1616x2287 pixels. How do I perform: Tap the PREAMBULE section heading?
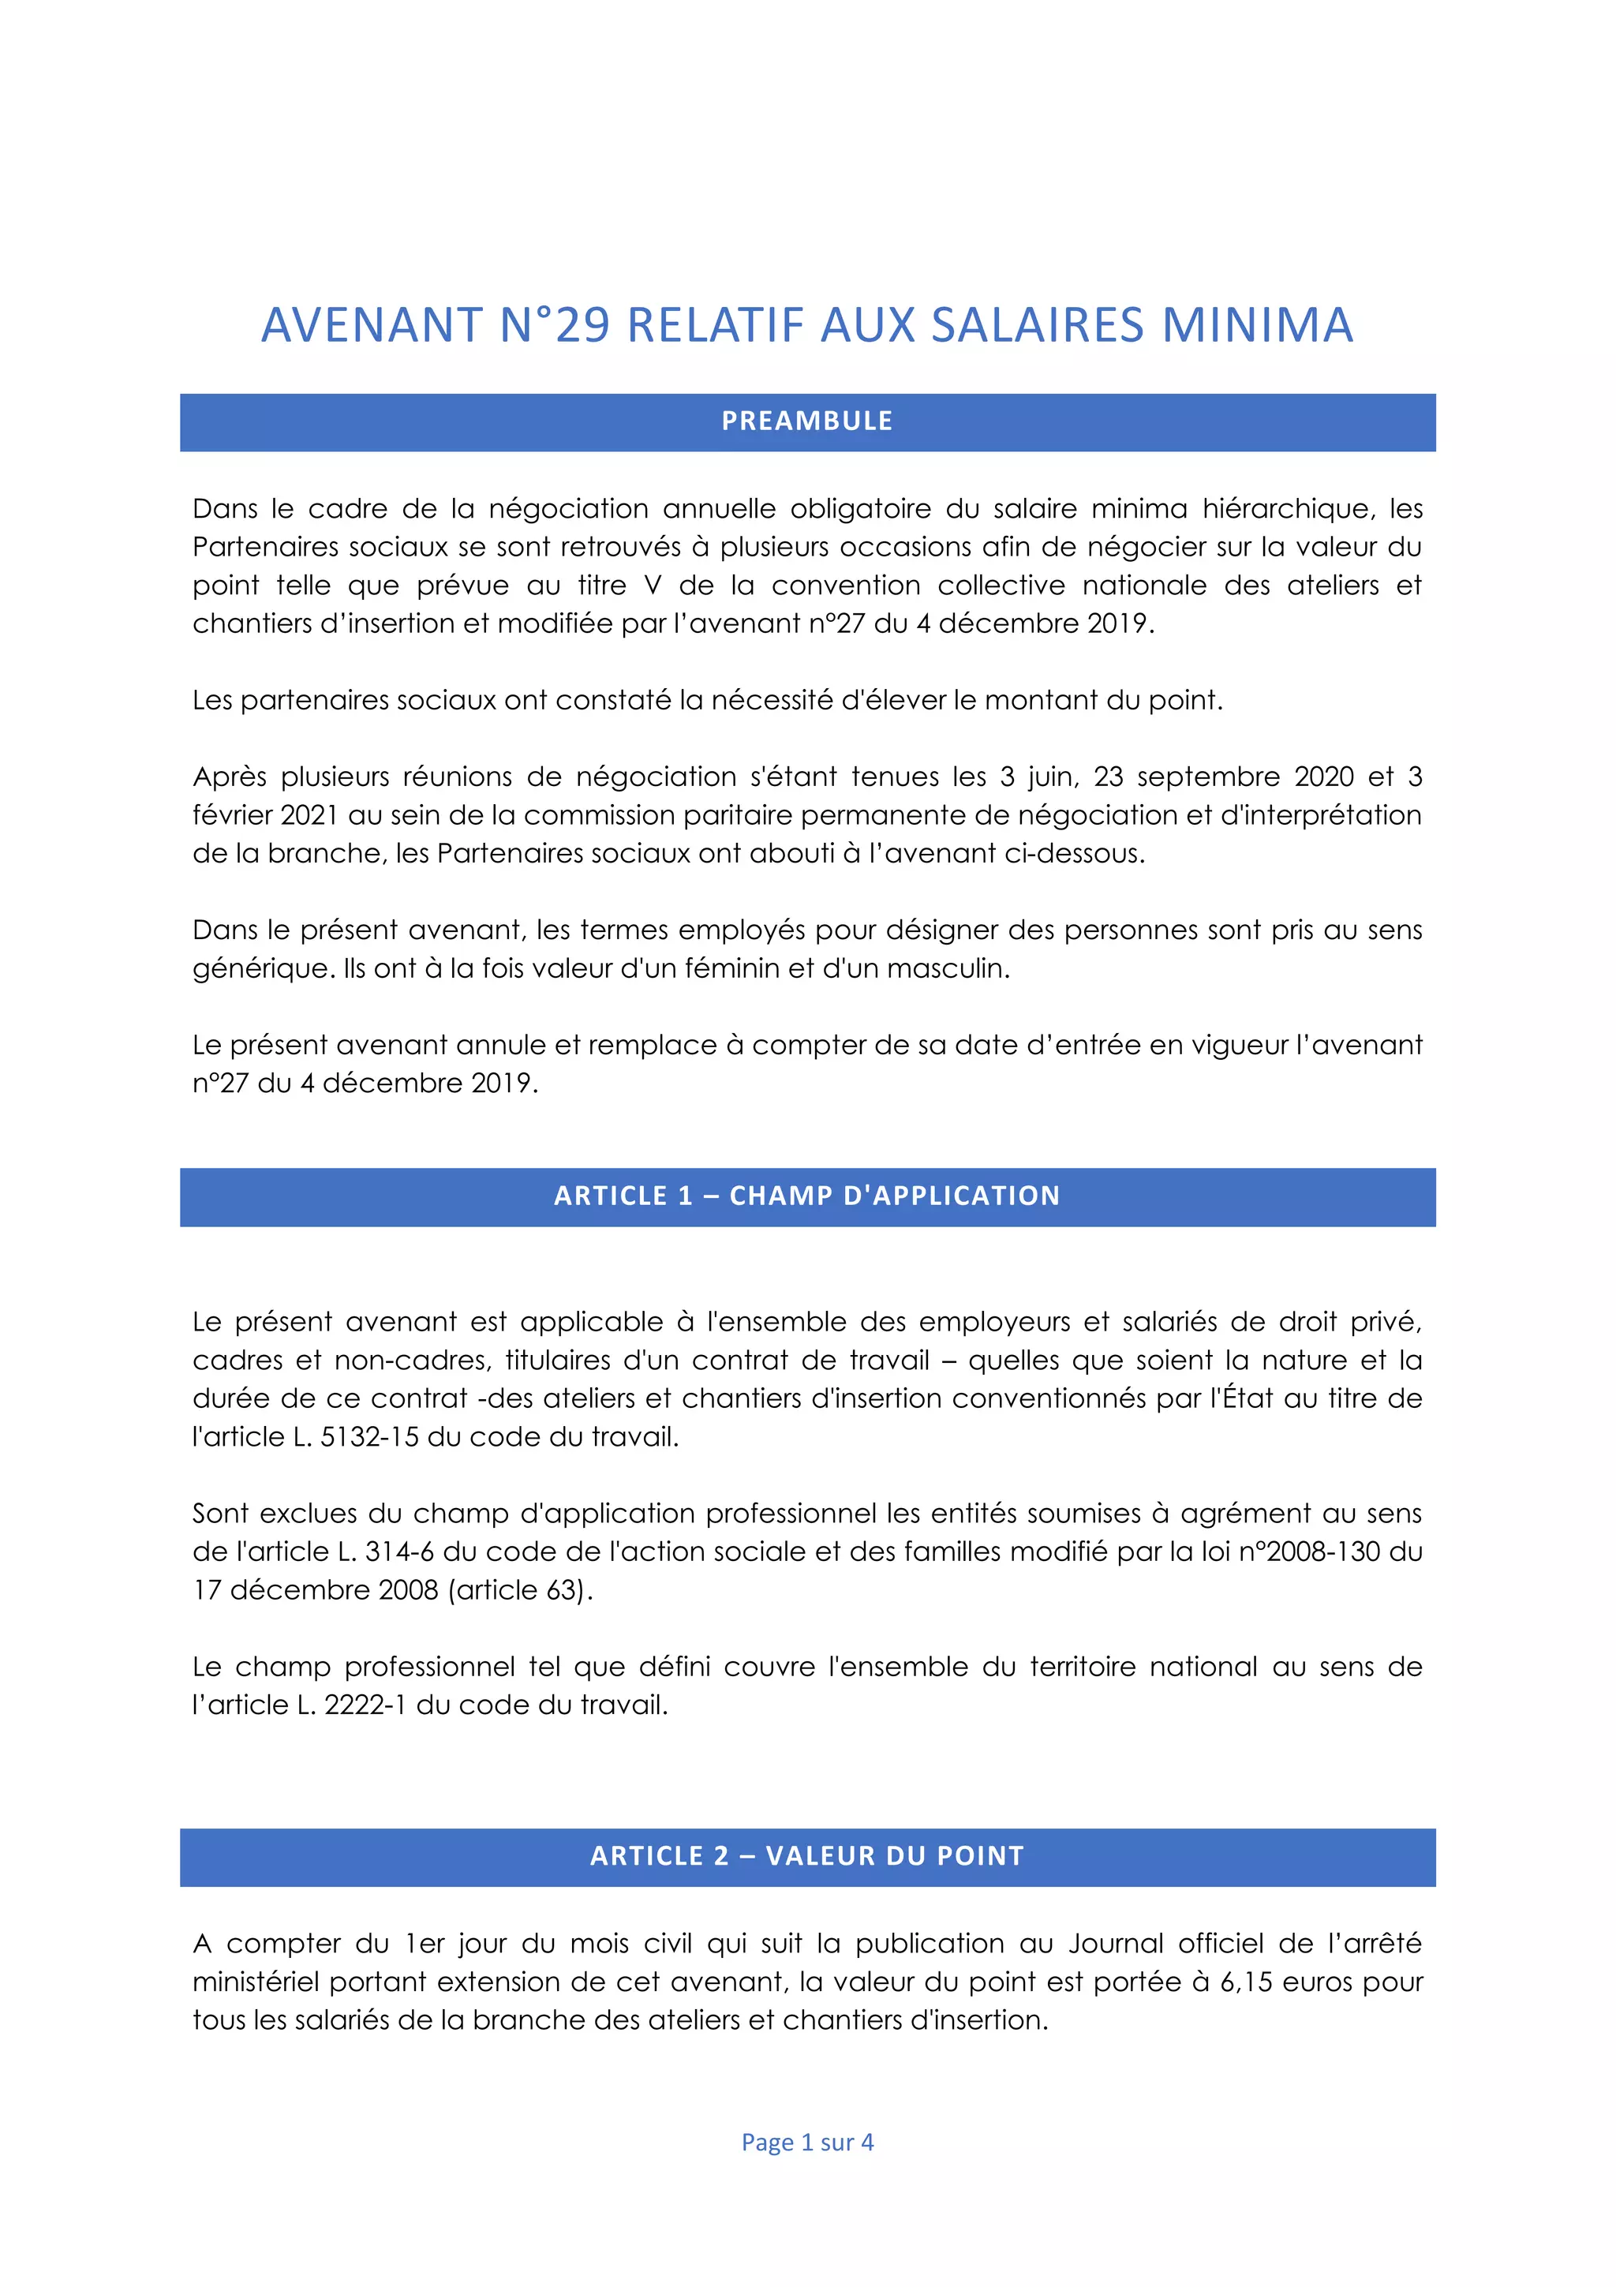807,421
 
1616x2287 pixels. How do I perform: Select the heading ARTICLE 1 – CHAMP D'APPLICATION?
807,1196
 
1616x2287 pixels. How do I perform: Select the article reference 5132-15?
369,1437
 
